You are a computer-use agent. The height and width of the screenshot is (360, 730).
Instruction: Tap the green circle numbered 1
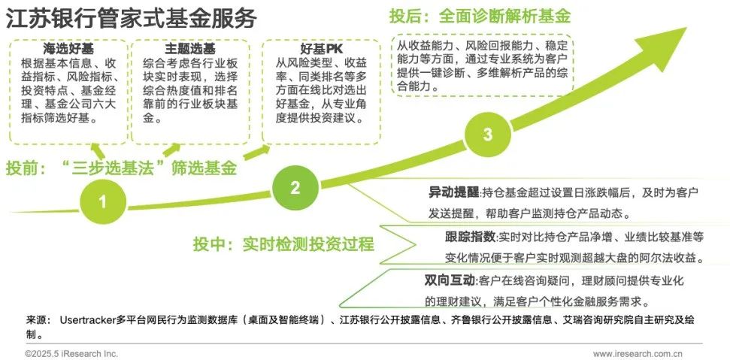[102, 201]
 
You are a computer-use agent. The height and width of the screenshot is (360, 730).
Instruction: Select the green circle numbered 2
[295, 187]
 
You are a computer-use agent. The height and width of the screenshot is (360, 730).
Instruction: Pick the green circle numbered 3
[487, 135]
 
